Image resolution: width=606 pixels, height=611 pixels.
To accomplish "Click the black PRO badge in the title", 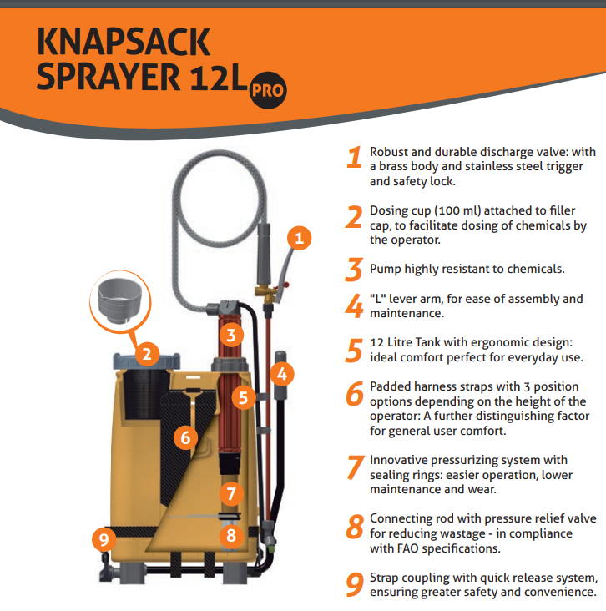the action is pos(268,90).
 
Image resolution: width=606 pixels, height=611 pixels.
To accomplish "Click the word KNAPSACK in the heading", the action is pos(124,42).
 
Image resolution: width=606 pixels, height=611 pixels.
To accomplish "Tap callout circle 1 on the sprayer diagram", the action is pos(299,238).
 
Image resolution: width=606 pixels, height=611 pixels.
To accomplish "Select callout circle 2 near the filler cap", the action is pos(147,354).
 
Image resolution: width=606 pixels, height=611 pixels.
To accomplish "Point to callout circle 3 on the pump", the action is pos(231,335).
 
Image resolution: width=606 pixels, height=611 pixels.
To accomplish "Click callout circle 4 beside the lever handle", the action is pos(282,374).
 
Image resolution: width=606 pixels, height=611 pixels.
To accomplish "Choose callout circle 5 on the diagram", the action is pos(244,397).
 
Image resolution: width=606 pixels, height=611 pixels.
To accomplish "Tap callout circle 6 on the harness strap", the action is pos(185,437).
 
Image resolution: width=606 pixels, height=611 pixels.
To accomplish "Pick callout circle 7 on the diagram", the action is pos(231,493).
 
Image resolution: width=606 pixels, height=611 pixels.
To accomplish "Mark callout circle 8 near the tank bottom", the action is pos(231,535).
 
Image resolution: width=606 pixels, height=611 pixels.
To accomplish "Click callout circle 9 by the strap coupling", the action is pos(104,540).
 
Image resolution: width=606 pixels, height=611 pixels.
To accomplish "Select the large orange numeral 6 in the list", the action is pos(355,394).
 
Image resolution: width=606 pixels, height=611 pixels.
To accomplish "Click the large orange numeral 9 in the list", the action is pos(355,584).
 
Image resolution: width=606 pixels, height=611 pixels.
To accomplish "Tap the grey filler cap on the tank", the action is pos(147,361).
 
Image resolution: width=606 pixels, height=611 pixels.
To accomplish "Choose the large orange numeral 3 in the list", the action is pos(354,270).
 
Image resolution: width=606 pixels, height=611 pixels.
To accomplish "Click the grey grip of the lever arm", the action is pos(280,375).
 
